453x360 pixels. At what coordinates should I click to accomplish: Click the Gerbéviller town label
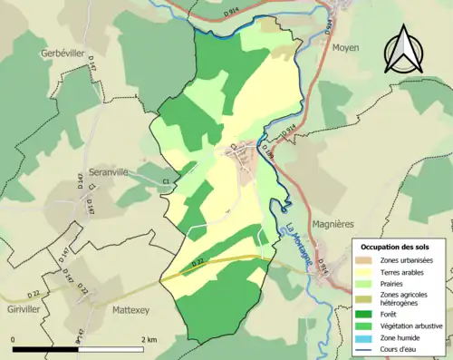(x=63, y=54)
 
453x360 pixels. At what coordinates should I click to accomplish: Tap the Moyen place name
(x=345, y=47)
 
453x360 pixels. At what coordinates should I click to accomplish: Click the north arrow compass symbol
(x=401, y=49)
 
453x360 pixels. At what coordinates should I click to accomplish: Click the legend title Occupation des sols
(x=397, y=247)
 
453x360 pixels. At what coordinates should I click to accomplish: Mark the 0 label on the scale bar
(x=14, y=339)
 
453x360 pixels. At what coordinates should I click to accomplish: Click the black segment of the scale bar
(x=44, y=349)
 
